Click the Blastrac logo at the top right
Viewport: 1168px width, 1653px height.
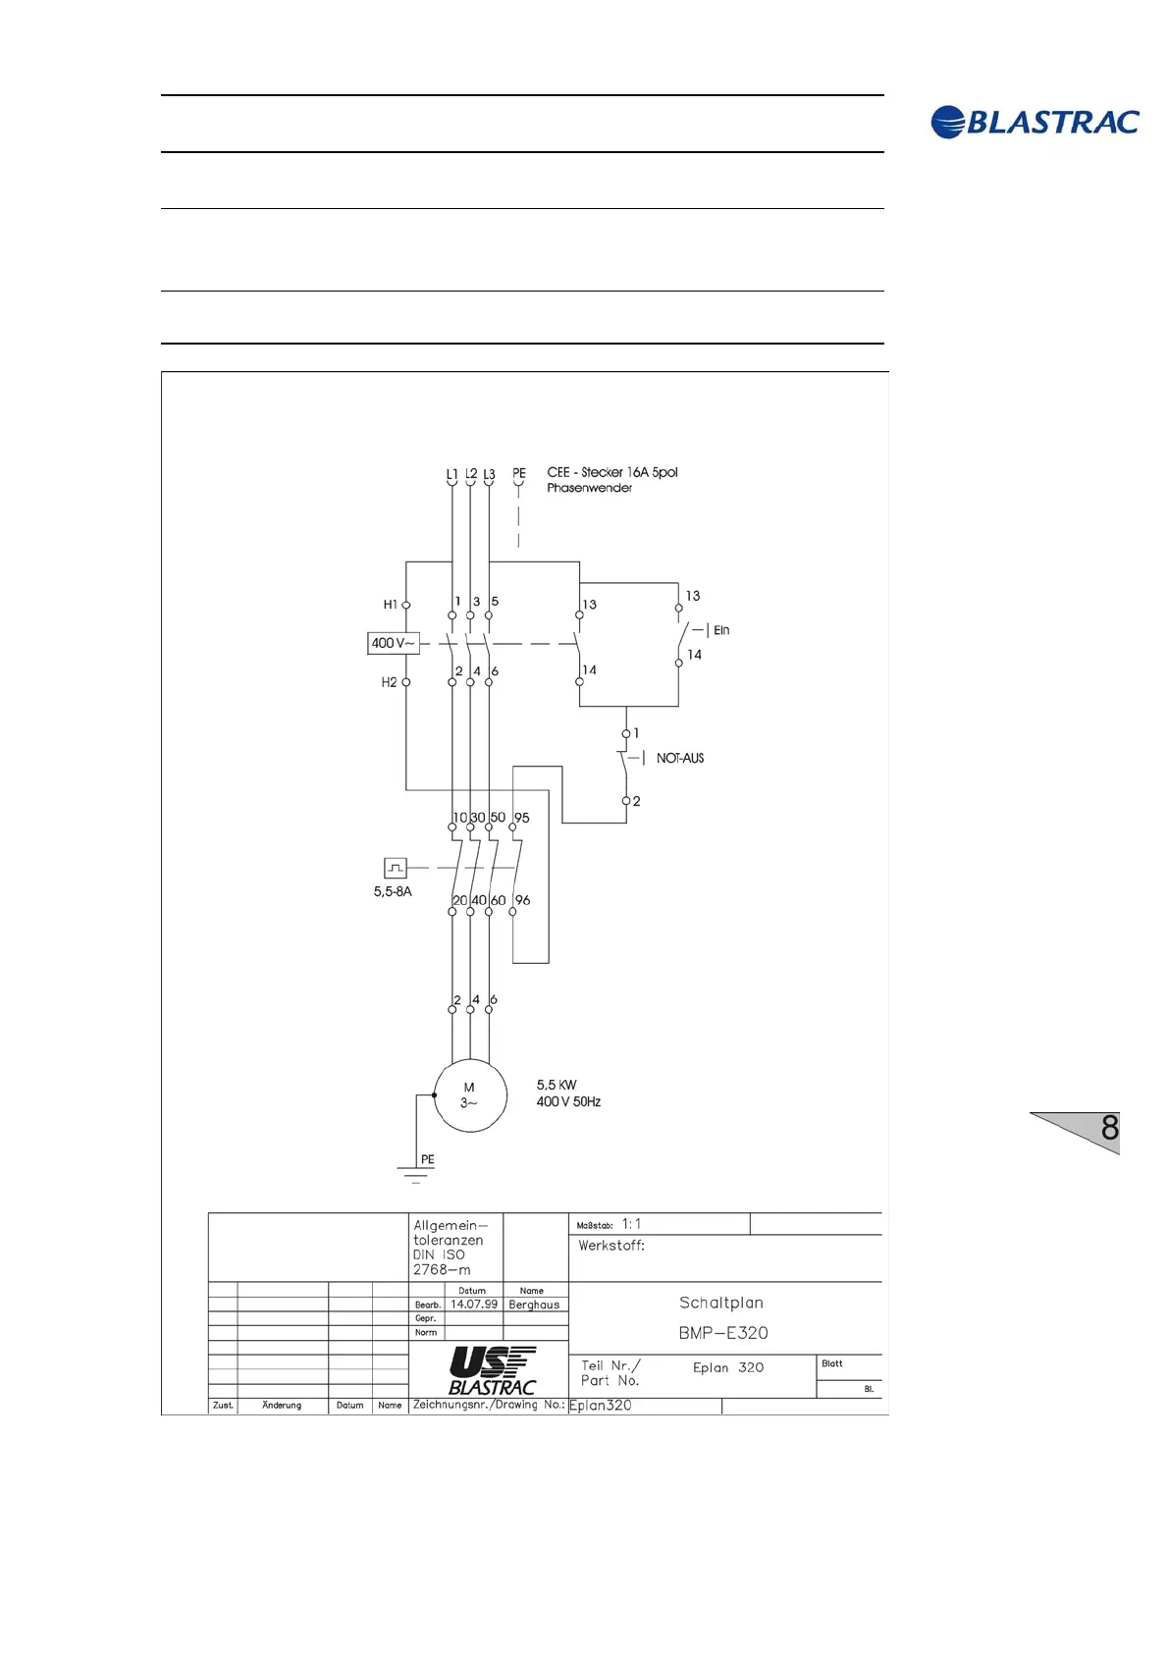tap(1035, 122)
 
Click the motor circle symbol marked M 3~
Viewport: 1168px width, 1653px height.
tap(470, 1095)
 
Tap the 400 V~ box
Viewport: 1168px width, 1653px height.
tap(393, 643)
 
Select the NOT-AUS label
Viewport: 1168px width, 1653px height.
tap(680, 758)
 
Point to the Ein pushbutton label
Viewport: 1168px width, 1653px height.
tap(721, 630)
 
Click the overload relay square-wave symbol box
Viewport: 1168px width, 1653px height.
tap(395, 868)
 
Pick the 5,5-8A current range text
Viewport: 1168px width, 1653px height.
tap(393, 891)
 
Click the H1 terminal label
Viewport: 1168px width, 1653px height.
tap(390, 605)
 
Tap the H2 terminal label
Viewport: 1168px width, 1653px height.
tap(389, 682)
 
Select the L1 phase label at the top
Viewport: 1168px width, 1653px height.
tap(451, 474)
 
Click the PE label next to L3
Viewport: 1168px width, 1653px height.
tap(519, 473)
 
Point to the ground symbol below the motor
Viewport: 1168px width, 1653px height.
tap(416, 1174)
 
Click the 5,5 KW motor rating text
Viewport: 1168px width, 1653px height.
tap(557, 1085)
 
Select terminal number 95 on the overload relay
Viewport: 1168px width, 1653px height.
tap(522, 818)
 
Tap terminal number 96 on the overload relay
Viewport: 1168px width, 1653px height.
tap(523, 900)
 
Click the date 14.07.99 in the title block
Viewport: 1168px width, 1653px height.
tap(474, 1305)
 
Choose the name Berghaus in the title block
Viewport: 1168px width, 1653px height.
tap(534, 1305)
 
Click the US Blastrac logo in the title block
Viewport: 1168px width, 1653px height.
tap(493, 1370)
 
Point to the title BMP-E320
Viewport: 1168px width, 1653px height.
tap(723, 1333)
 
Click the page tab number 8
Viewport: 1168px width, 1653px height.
tap(1109, 1128)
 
